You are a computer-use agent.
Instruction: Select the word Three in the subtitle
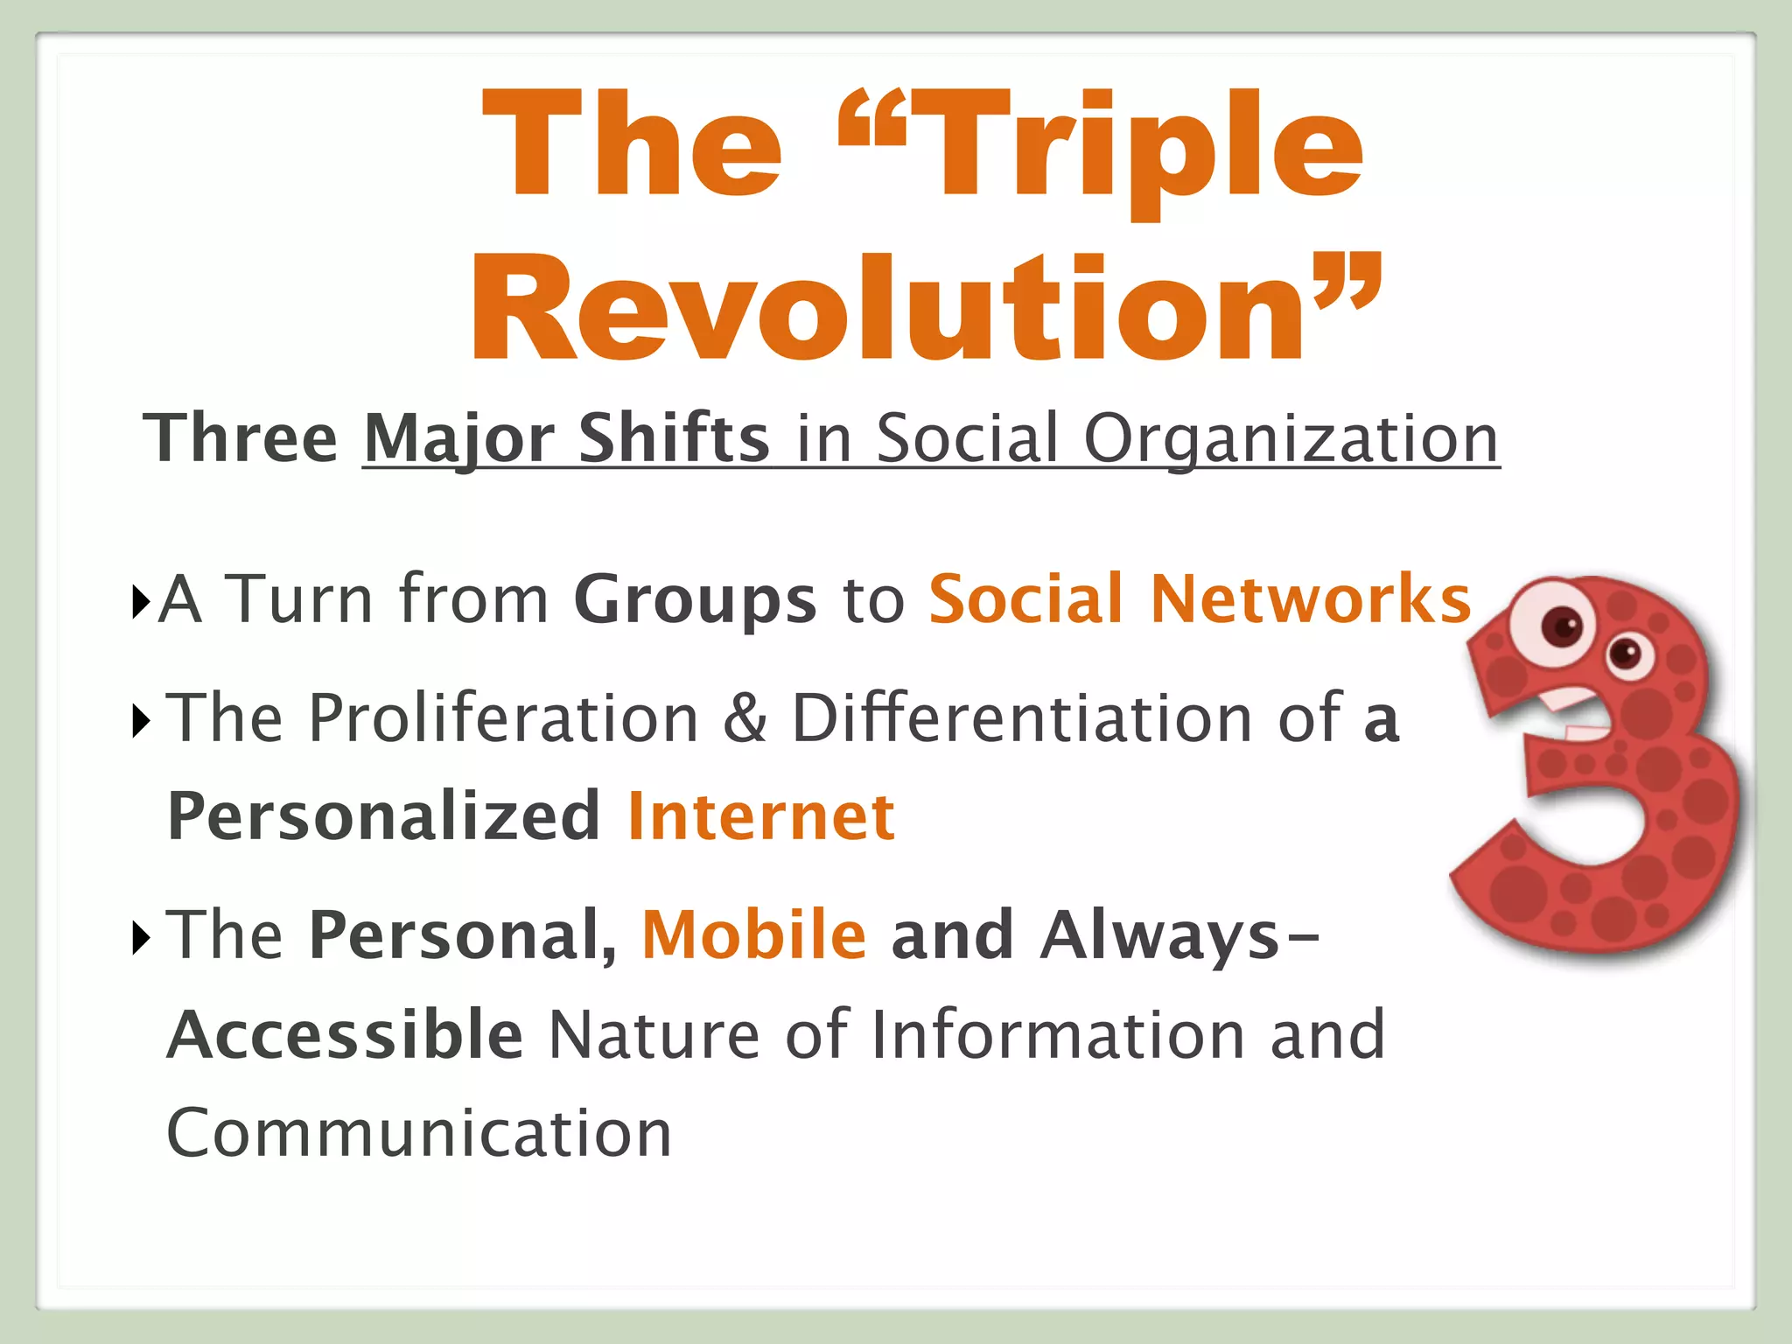click(x=241, y=438)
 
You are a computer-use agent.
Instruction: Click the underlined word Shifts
click(x=673, y=438)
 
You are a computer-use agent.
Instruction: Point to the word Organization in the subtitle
click(x=1291, y=438)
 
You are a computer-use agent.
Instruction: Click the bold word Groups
click(x=695, y=600)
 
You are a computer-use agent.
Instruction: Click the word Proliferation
click(x=503, y=718)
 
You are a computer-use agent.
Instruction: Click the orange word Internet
click(x=761, y=816)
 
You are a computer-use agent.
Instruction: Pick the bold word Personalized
click(x=383, y=816)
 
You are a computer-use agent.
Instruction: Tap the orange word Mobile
click(x=754, y=935)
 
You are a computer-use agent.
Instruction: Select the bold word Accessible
click(x=345, y=1035)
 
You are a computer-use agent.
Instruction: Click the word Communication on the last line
click(x=419, y=1134)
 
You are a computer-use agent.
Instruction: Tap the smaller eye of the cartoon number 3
click(x=1626, y=654)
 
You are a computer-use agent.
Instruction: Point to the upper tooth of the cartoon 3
click(x=1566, y=699)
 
